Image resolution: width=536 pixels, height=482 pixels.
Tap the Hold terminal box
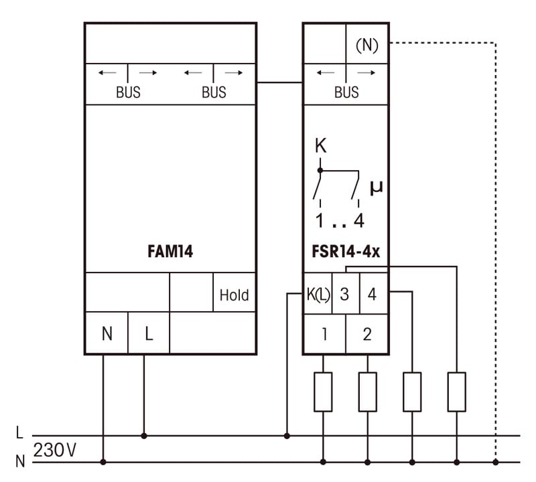point(234,295)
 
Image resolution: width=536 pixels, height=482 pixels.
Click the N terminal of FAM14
point(107,333)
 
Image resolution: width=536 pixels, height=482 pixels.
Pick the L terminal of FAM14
point(149,333)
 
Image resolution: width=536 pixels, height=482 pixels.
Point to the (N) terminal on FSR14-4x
point(366,45)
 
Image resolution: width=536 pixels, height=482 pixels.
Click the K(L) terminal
point(318,295)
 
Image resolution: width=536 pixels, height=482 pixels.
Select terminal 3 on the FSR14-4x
point(344,295)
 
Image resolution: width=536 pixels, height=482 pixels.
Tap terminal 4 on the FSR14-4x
point(373,295)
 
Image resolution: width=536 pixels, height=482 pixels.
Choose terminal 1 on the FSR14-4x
point(324,333)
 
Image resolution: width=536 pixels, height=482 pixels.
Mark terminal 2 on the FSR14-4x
point(366,333)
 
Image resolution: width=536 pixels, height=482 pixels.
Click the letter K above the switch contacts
point(320,146)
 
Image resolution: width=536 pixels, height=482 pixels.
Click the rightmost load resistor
point(456,392)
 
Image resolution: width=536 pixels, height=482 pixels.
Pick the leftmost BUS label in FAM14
point(128,93)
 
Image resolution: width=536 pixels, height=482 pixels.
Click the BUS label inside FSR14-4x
point(346,93)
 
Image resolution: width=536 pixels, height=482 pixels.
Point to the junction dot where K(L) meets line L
point(287,436)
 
